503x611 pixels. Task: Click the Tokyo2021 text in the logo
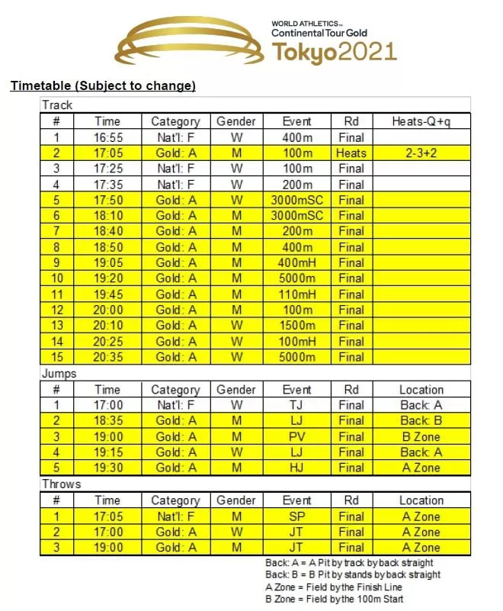point(335,52)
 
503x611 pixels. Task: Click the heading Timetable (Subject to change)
point(103,85)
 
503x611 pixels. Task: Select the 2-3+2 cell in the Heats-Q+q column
point(421,153)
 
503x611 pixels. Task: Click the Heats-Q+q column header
point(421,121)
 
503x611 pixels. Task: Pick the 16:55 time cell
point(107,138)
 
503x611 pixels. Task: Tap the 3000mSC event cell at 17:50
point(297,201)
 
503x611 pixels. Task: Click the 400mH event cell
point(297,263)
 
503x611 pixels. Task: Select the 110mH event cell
point(297,294)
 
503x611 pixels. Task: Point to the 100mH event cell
point(297,341)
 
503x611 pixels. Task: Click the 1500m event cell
point(297,326)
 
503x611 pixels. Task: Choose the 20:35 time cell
point(107,357)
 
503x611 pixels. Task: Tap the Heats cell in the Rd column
point(351,153)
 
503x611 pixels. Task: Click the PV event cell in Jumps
point(297,436)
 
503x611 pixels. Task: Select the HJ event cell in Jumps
point(297,468)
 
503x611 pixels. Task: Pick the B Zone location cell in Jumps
point(421,436)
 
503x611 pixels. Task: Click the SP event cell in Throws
point(297,516)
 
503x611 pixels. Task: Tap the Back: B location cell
point(421,420)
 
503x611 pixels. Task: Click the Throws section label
point(62,484)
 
